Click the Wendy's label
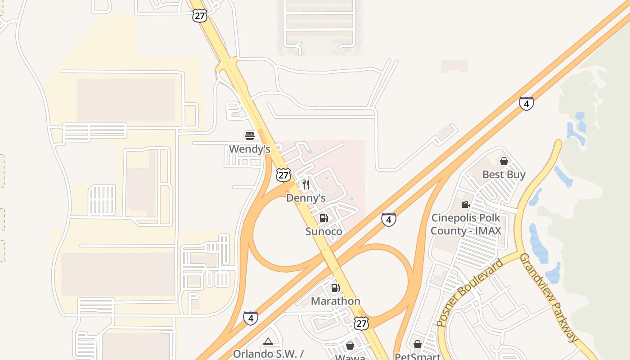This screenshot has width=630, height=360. [249, 149]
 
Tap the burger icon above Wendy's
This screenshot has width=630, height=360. [249, 135]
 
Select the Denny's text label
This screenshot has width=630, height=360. [306, 198]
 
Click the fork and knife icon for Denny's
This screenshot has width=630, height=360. [306, 184]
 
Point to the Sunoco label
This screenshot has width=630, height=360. [324, 231]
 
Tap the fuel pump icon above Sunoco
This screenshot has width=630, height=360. [324, 218]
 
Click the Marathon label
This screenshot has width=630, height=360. [336, 301]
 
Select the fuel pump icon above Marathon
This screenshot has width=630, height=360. [335, 288]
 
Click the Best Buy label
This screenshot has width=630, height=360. [504, 175]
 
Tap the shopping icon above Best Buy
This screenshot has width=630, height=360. [504, 161]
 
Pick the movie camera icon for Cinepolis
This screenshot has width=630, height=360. [465, 205]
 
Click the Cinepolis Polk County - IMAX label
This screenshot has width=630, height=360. [466, 224]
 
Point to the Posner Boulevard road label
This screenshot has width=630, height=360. [470, 293]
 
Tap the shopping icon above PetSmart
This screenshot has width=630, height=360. [418, 344]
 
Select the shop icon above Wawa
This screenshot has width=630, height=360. [350, 346]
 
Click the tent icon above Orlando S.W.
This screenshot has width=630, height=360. [268, 342]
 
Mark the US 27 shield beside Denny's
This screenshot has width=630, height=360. [283, 175]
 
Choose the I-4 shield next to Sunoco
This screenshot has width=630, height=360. [388, 220]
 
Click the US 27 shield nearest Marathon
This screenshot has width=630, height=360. [361, 323]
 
